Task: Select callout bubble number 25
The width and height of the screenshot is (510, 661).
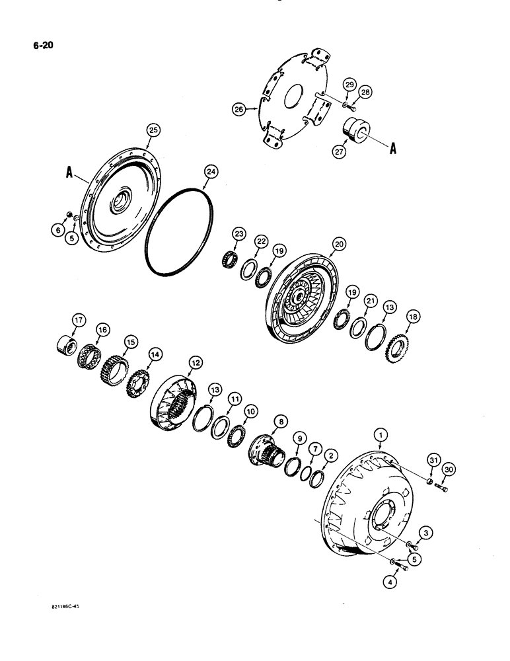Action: [153, 131]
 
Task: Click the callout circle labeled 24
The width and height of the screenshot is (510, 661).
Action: [210, 171]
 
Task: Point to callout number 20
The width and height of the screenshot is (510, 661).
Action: [340, 244]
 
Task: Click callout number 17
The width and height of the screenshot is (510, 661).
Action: [79, 321]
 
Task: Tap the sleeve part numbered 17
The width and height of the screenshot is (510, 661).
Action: [69, 345]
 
